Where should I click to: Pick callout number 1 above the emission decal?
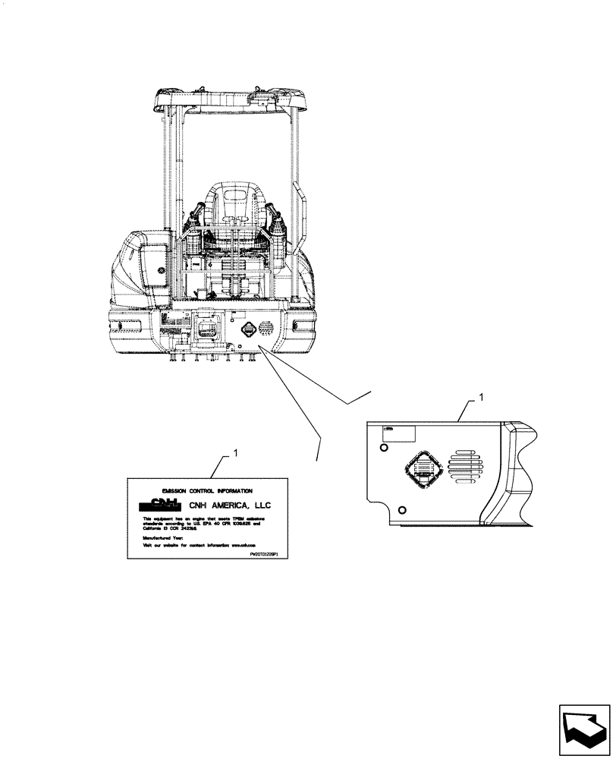(235, 453)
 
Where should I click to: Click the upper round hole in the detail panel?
(383, 449)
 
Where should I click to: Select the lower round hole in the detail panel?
(402, 509)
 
